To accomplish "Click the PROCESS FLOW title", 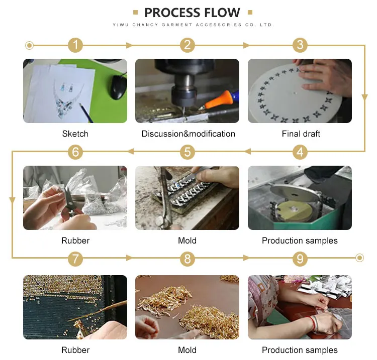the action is tap(192, 13).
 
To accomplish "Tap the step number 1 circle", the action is tap(75, 45).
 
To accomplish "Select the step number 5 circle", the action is tap(187, 151).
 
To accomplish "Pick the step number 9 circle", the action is tap(300, 259).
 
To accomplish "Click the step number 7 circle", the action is tap(75, 259).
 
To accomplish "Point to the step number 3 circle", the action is tap(300, 45).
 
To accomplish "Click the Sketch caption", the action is tap(75, 134).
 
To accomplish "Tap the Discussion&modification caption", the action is tap(188, 134).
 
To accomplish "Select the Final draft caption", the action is tap(301, 134).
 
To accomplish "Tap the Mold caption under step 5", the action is tap(187, 241).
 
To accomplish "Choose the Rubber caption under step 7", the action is tap(75, 350).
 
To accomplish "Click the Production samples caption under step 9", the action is tap(300, 350).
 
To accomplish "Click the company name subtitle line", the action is tap(192, 25).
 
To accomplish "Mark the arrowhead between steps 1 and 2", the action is tap(130, 45).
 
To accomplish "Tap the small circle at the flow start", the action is tap(30, 46).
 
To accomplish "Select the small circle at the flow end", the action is tap(359, 258).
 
